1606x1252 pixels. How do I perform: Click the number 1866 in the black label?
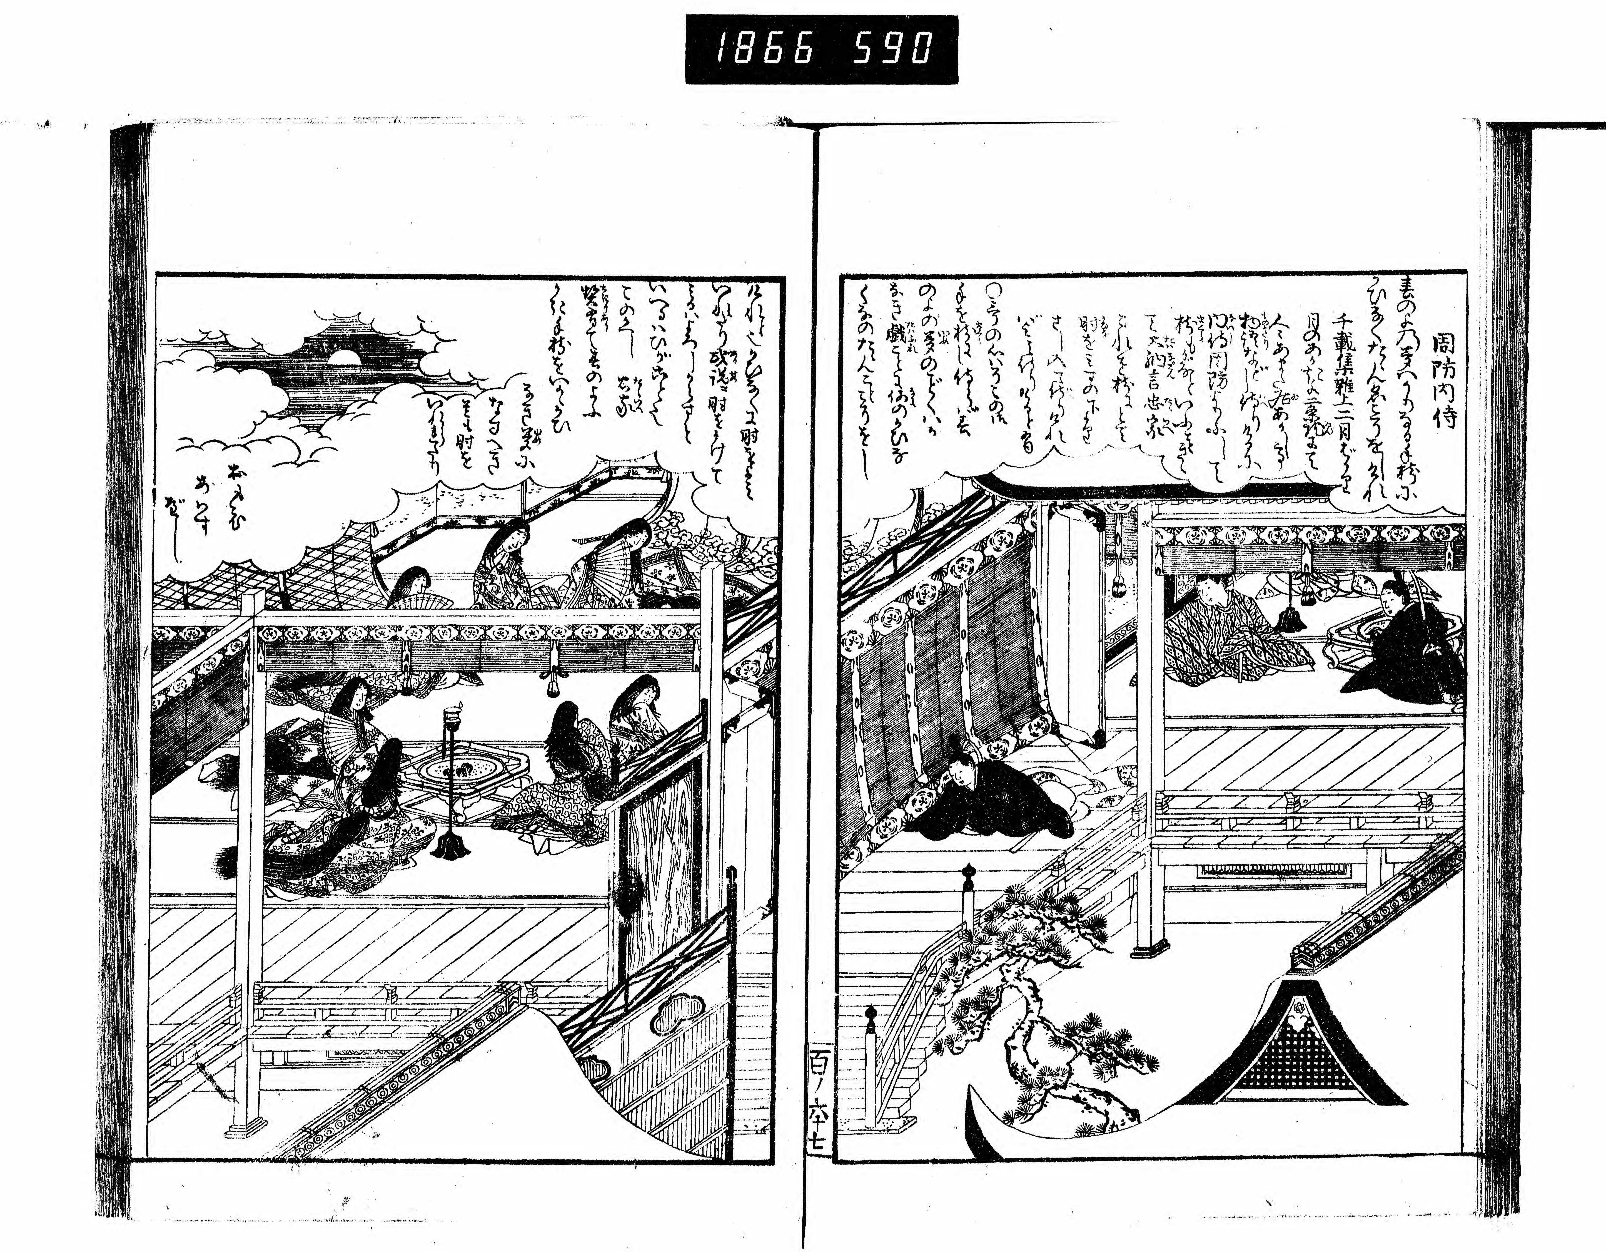click(x=765, y=50)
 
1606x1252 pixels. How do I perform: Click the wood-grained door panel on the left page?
click(x=654, y=861)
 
